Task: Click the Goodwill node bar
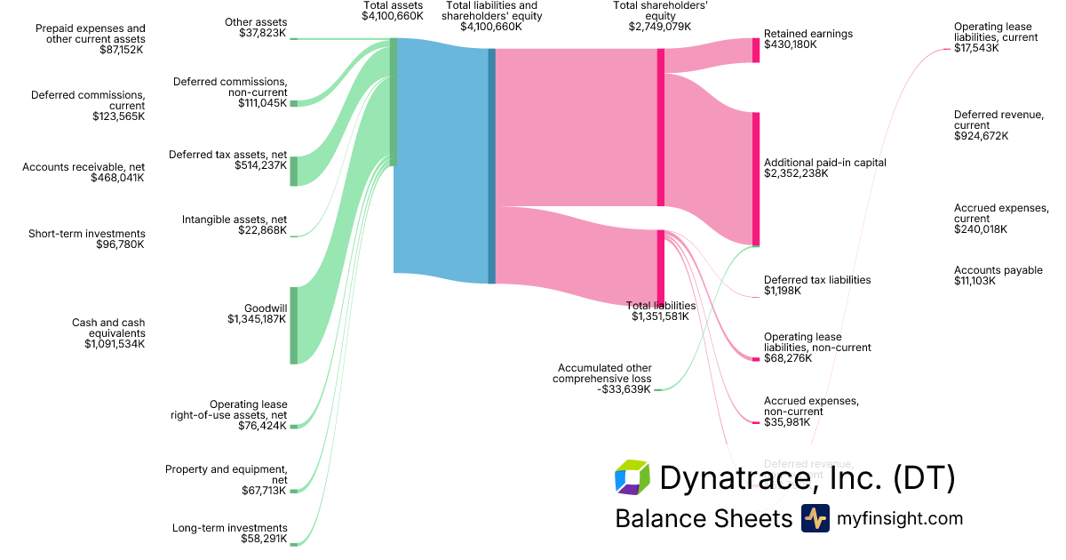[294, 325]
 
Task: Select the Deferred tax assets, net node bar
[294, 171]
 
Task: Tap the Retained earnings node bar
[756, 51]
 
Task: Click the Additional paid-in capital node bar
[756, 178]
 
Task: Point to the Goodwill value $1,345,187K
[257, 319]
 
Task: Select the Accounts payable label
[998, 270]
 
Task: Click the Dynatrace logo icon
[632, 477]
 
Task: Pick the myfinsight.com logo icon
[815, 518]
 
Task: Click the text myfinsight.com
[900, 518]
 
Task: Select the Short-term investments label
[86, 234]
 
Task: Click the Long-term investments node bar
[294, 544]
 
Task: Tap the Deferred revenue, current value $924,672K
[981, 136]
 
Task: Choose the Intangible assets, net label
[235, 219]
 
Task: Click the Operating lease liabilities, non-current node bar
[756, 359]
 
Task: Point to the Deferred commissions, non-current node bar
[294, 103]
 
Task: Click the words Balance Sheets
[703, 518]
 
